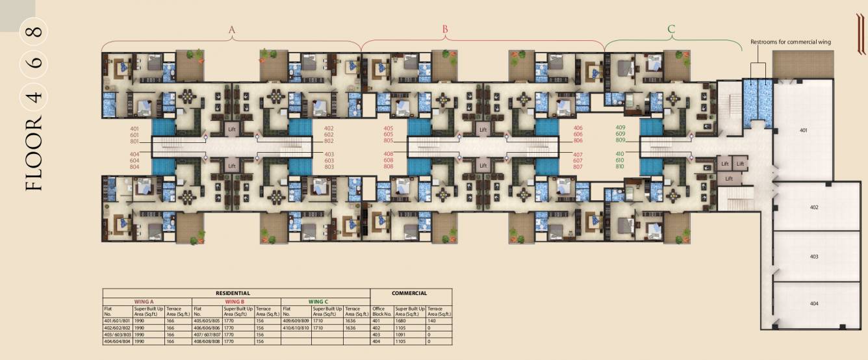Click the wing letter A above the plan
[232, 29]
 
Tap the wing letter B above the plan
[445, 29]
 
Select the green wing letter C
[671, 29]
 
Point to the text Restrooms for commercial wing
[790, 42]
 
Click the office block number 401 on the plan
[804, 130]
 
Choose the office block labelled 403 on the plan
[814, 257]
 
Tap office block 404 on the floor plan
[814, 304]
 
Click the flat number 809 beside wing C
[620, 140]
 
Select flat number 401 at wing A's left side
[134, 129]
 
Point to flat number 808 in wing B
[388, 167]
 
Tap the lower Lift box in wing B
[483, 166]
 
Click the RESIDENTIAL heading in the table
[236, 294]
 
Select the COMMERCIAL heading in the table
[411, 294]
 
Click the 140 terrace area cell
[432, 321]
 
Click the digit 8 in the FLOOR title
[36, 31]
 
